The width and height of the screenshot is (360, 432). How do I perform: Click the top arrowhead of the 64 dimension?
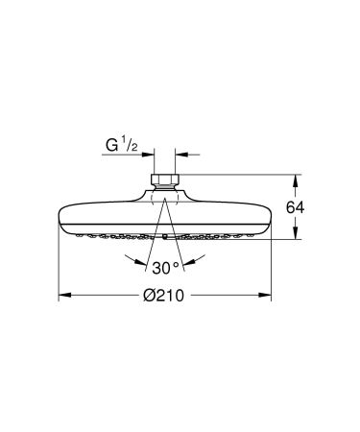pyautogui.click(x=297, y=179)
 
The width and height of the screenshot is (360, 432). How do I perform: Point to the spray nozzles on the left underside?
pyautogui.click(x=106, y=233)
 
